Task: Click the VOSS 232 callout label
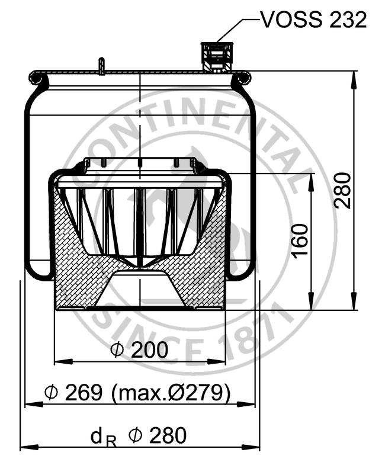coord(314,20)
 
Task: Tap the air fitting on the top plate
coord(217,57)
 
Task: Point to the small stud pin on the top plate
coord(101,66)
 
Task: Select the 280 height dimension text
coord(344,191)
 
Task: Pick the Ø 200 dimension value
coord(139,350)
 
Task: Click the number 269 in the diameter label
coord(84,392)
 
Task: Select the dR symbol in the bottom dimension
coord(104,438)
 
